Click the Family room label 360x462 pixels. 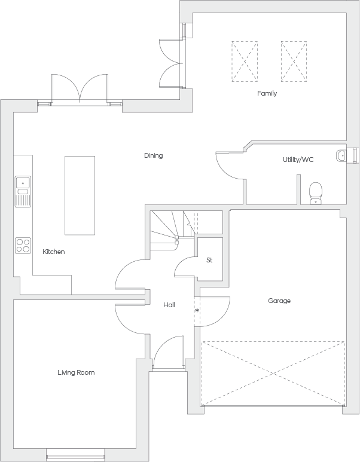coord(267,93)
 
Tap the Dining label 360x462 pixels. coord(153,155)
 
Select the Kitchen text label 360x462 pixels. coord(54,252)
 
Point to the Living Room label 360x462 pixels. coord(76,372)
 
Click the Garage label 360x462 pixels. coord(279,301)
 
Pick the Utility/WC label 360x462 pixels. coord(298,160)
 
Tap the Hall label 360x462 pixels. coord(169,305)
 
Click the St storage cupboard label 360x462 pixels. coord(209,260)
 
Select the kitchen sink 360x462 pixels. coord(23,191)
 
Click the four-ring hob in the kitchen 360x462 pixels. coord(23,246)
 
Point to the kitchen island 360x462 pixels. coord(80,195)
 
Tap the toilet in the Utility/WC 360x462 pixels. coord(316,193)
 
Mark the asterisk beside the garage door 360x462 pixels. coord(197,311)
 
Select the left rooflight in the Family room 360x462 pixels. coord(245,62)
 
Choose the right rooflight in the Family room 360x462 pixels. coord(294,62)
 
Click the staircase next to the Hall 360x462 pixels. coord(172,230)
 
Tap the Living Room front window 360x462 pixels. coord(76,455)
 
